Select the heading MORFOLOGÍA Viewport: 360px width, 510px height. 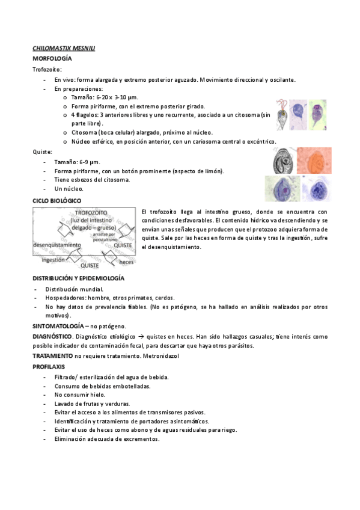tap(52, 58)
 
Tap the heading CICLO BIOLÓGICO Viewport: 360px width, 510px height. tap(57, 200)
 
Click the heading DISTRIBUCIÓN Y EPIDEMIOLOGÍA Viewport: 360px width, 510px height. tap(78, 279)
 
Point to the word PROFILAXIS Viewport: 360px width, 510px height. tap(49, 366)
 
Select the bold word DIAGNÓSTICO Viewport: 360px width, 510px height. tap(52, 336)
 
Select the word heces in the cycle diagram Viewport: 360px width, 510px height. tap(126, 262)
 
